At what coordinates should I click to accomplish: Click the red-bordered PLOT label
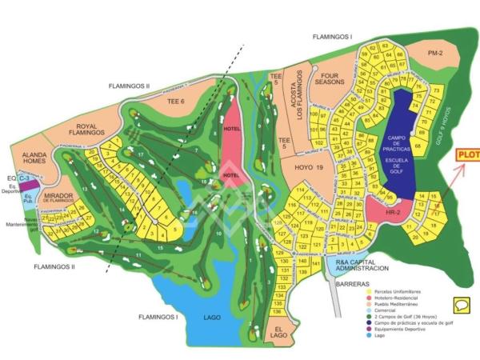467,155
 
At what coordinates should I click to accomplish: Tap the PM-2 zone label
434,53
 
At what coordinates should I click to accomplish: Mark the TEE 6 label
175,102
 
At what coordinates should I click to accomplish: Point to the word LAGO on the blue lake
211,318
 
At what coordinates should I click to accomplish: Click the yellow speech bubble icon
461,304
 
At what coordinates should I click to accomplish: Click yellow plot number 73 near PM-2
436,90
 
